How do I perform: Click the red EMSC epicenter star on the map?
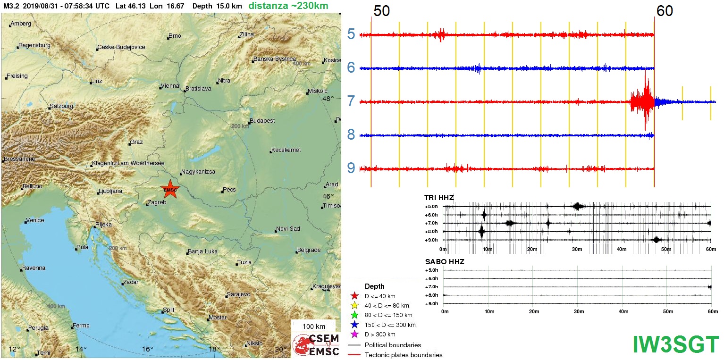[170, 189]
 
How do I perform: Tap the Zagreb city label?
[157, 202]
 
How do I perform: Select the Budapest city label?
[262, 121]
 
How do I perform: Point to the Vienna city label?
[170, 86]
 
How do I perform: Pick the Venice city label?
[35, 220]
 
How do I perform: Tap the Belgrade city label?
[309, 250]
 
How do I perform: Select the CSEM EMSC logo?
[316, 345]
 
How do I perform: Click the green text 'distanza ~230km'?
[289, 6]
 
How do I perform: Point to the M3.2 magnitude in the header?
[11, 6]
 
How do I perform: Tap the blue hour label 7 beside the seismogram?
[351, 101]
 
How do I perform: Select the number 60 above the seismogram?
[665, 11]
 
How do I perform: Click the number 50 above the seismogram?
[381, 11]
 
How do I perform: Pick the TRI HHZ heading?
[439, 198]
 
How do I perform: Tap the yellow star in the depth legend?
[354, 305]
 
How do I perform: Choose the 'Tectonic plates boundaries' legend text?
[404, 355]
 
